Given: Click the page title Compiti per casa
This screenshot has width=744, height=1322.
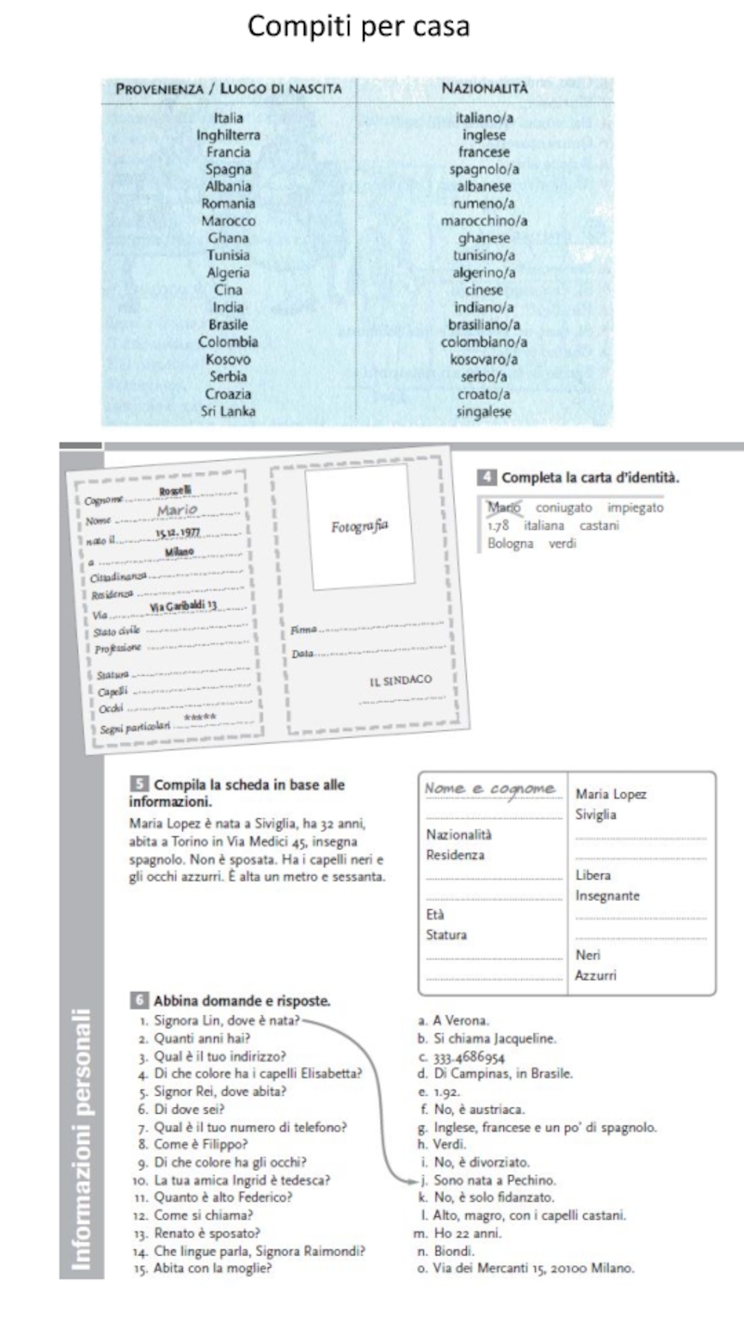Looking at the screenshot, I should tap(358, 28).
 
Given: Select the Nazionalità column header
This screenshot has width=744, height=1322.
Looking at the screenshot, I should tap(484, 88).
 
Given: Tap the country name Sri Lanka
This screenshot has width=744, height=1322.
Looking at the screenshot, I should tap(228, 411).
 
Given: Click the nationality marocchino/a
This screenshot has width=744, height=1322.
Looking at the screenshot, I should tap(484, 221).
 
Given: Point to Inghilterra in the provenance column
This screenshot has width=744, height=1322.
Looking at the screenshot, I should tap(228, 135).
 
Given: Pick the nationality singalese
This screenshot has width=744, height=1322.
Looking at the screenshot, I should tap(484, 411).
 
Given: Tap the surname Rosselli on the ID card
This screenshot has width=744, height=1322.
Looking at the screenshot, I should tap(173, 491).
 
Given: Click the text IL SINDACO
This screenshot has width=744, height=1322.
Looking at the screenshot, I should tap(401, 681).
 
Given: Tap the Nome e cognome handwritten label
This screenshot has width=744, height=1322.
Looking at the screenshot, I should tap(491, 789).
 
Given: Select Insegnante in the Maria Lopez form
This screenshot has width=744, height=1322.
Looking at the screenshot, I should tap(609, 895).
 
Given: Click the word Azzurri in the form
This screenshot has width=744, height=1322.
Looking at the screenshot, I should tap(596, 975).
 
